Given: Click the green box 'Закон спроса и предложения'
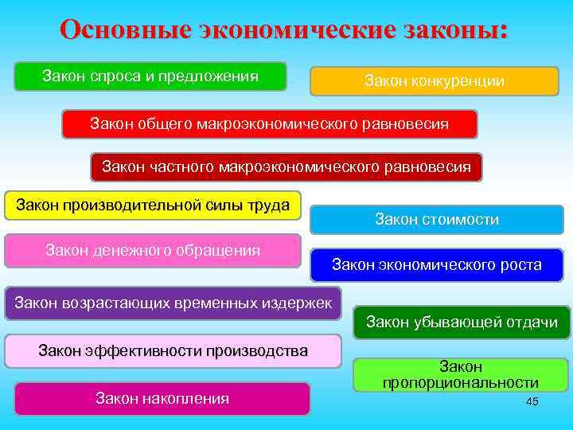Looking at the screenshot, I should (x=150, y=76).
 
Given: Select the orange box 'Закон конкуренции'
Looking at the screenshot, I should (x=435, y=81).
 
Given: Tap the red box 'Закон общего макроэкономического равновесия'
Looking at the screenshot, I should (x=270, y=124).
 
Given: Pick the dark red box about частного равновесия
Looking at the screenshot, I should (x=286, y=167).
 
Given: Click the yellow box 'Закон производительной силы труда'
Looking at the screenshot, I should (x=153, y=205).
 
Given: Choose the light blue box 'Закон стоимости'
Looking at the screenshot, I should (x=436, y=220).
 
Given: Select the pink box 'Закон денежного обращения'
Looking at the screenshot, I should (x=153, y=250).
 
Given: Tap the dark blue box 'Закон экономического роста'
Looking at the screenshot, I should (x=436, y=265).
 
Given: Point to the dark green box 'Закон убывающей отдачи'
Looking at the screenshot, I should (x=462, y=322).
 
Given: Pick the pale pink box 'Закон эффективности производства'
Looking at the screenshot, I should (x=173, y=350).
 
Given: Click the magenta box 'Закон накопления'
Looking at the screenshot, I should (x=162, y=398).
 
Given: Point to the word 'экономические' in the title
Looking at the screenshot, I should (x=295, y=29).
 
